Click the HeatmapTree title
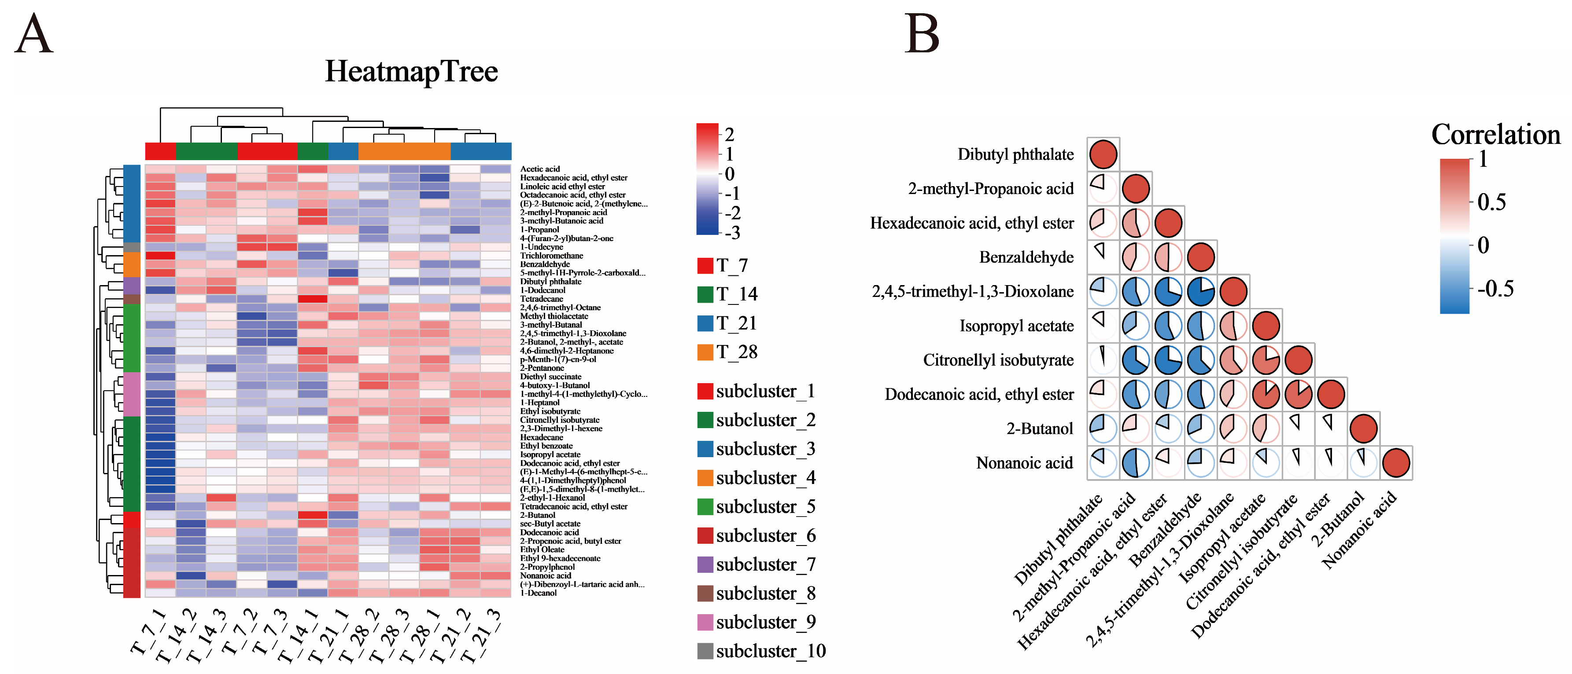point(411,71)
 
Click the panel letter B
point(922,34)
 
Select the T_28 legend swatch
point(705,352)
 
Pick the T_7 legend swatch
point(705,265)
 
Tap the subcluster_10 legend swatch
point(705,651)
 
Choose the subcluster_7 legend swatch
point(705,564)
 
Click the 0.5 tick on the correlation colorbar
point(1491,202)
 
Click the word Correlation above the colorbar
point(1495,135)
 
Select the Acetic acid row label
point(539,169)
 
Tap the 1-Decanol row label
point(538,593)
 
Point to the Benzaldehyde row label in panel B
point(1026,257)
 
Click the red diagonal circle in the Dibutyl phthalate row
point(1103,154)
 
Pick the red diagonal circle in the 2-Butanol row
point(1363,429)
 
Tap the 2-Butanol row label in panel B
point(1039,429)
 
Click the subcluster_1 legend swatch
point(705,391)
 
